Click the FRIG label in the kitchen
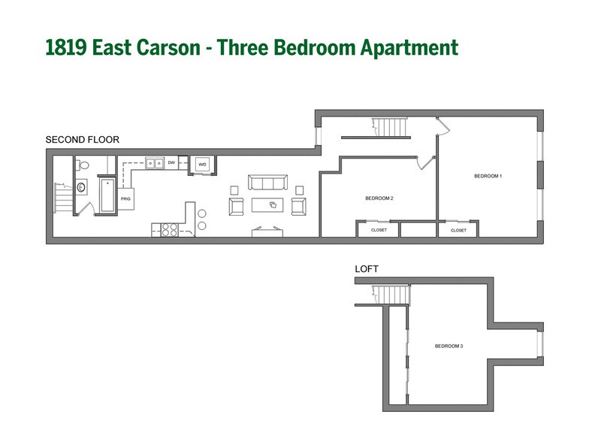pyautogui.click(x=125, y=199)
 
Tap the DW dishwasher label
pyautogui.click(x=172, y=162)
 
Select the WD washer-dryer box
pyautogui.click(x=202, y=164)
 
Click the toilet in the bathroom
pyautogui.click(x=83, y=165)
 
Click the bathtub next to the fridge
pyautogui.click(x=108, y=193)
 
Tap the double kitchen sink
pyautogui.click(x=156, y=162)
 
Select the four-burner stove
pyautogui.click(x=166, y=230)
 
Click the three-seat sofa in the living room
pyautogui.click(x=268, y=183)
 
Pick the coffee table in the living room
pyautogui.click(x=268, y=204)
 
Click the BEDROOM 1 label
pyautogui.click(x=487, y=176)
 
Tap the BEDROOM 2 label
pyautogui.click(x=379, y=198)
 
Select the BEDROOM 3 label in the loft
pyautogui.click(x=449, y=346)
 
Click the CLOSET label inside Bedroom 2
pyautogui.click(x=379, y=230)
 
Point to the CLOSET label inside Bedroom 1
pyautogui.click(x=458, y=230)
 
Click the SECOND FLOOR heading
pyautogui.click(x=82, y=140)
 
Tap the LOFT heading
pyautogui.click(x=367, y=268)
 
